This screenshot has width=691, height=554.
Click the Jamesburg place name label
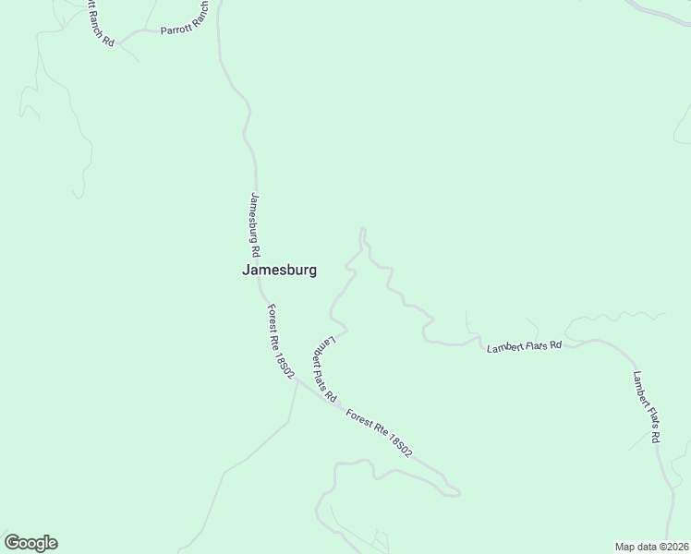[x=279, y=271]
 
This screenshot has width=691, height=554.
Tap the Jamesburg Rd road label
[x=255, y=224]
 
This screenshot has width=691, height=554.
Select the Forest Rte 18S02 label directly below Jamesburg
[x=279, y=341]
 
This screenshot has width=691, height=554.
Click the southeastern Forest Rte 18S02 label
[x=378, y=432]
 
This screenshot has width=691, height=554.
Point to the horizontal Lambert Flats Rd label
[x=525, y=346]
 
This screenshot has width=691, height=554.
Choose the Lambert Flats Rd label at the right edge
[x=646, y=405]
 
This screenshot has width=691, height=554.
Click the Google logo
[x=30, y=543]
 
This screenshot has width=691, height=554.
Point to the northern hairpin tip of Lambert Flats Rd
[x=362, y=229]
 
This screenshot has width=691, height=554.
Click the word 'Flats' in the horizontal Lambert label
[x=532, y=346]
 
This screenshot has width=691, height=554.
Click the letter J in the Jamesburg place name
[x=246, y=271]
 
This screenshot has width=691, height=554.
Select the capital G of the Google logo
[x=12, y=543]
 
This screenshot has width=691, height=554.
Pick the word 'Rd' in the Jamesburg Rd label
[x=256, y=250]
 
